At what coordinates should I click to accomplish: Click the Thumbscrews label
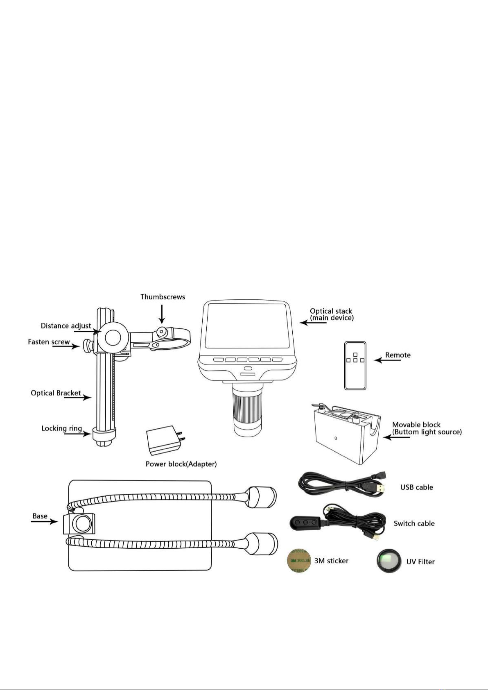[163, 297]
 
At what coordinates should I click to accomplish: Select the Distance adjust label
[66, 326]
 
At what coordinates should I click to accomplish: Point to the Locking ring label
[61, 428]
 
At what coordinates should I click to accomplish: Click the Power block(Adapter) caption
[181, 464]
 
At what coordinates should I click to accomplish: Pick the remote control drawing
[355, 365]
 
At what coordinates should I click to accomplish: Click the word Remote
[398, 355]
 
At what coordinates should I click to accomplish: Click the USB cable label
[416, 487]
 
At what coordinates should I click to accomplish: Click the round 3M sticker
[299, 561]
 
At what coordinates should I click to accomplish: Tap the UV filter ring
[389, 561]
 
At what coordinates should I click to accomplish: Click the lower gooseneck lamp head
[262, 543]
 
